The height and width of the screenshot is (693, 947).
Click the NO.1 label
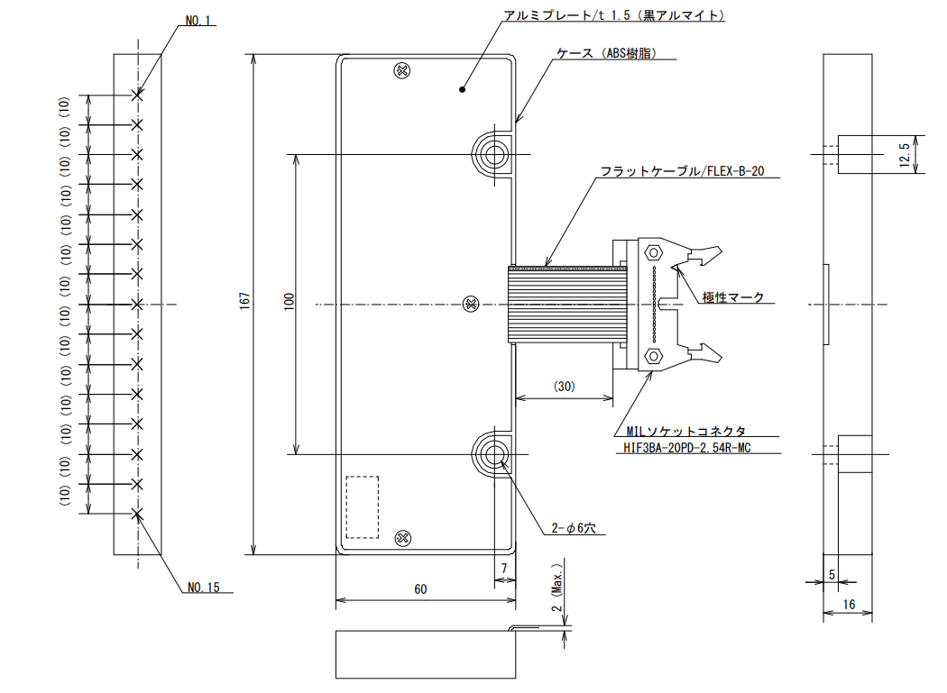tap(198, 21)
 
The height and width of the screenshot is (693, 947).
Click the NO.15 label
tap(204, 588)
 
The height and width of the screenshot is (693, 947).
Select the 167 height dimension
tap(244, 301)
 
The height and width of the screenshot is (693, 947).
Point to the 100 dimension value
tap(290, 301)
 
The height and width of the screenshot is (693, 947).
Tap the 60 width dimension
tap(420, 589)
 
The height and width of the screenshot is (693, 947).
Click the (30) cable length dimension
tap(564, 387)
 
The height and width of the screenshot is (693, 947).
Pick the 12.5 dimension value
tap(904, 154)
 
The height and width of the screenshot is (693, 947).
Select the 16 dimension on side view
tap(849, 605)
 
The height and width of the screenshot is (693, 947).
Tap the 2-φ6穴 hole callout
tap(573, 528)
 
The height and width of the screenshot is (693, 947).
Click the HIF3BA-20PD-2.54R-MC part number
tap(686, 448)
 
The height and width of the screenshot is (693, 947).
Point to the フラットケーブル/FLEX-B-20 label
tap(682, 171)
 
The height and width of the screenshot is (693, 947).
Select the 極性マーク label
tap(733, 297)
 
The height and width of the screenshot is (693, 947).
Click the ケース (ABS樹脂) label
tap(606, 53)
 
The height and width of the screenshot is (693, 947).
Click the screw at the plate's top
tap(402, 70)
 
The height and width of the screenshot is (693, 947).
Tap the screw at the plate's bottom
tap(403, 538)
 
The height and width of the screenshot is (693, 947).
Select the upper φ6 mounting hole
tap(495, 154)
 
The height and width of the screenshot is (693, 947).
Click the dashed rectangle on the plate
tap(363, 507)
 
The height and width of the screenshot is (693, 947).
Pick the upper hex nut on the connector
tap(653, 252)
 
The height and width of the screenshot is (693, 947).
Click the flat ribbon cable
tap(567, 304)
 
